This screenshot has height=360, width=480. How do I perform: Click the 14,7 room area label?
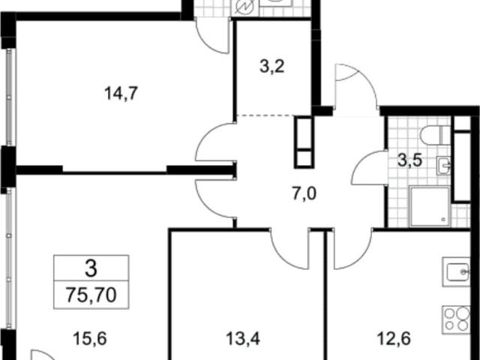point(121,93)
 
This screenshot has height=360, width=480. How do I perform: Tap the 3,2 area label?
point(272,67)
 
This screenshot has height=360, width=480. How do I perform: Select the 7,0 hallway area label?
point(304,193)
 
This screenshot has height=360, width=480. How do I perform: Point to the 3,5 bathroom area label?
point(410,160)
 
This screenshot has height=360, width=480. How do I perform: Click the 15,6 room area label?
point(90,339)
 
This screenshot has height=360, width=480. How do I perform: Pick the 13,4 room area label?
point(243,339)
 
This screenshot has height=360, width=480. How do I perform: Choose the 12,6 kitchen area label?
point(393,339)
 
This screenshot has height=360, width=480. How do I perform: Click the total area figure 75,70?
point(91,295)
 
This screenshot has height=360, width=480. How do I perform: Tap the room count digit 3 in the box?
point(91,268)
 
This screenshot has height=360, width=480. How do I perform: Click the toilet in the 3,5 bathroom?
point(435,135)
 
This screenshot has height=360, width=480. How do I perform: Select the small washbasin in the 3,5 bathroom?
point(443,166)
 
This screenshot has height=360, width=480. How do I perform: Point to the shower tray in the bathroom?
point(430,207)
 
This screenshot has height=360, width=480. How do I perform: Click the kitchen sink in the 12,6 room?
point(456,271)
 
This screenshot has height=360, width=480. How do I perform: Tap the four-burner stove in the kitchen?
point(456,319)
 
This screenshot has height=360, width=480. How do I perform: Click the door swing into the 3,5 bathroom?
point(368,168)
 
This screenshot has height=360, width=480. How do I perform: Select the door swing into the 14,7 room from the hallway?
point(214,142)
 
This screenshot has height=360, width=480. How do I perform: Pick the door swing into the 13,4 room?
point(290,249)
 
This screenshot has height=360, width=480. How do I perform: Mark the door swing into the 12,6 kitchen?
point(353,249)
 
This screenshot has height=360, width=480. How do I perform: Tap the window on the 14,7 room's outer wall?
point(9,97)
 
